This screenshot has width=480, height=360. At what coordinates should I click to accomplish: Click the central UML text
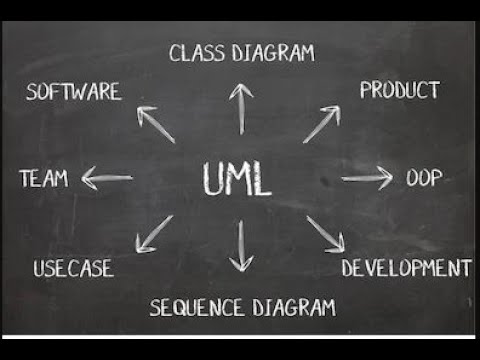[237, 179]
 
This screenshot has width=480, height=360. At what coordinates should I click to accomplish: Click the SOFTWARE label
[74, 92]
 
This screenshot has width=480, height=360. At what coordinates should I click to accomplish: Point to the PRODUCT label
[399, 90]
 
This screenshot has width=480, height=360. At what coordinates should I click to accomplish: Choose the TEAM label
[44, 179]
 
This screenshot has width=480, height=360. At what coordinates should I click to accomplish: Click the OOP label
[424, 179]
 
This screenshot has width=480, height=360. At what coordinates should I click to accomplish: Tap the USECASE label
[73, 268]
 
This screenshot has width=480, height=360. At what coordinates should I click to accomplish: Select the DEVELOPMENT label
[405, 268]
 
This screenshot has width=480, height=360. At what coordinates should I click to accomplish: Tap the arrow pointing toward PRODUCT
[321, 124]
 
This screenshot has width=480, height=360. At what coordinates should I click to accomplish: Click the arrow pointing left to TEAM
[107, 179]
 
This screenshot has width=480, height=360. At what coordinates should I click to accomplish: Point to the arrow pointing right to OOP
[367, 179]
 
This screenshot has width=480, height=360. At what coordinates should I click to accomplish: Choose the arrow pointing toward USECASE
[154, 234]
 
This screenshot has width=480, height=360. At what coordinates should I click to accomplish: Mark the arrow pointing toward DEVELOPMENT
[325, 234]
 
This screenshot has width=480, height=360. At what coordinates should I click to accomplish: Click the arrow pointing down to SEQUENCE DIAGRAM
[240, 247]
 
